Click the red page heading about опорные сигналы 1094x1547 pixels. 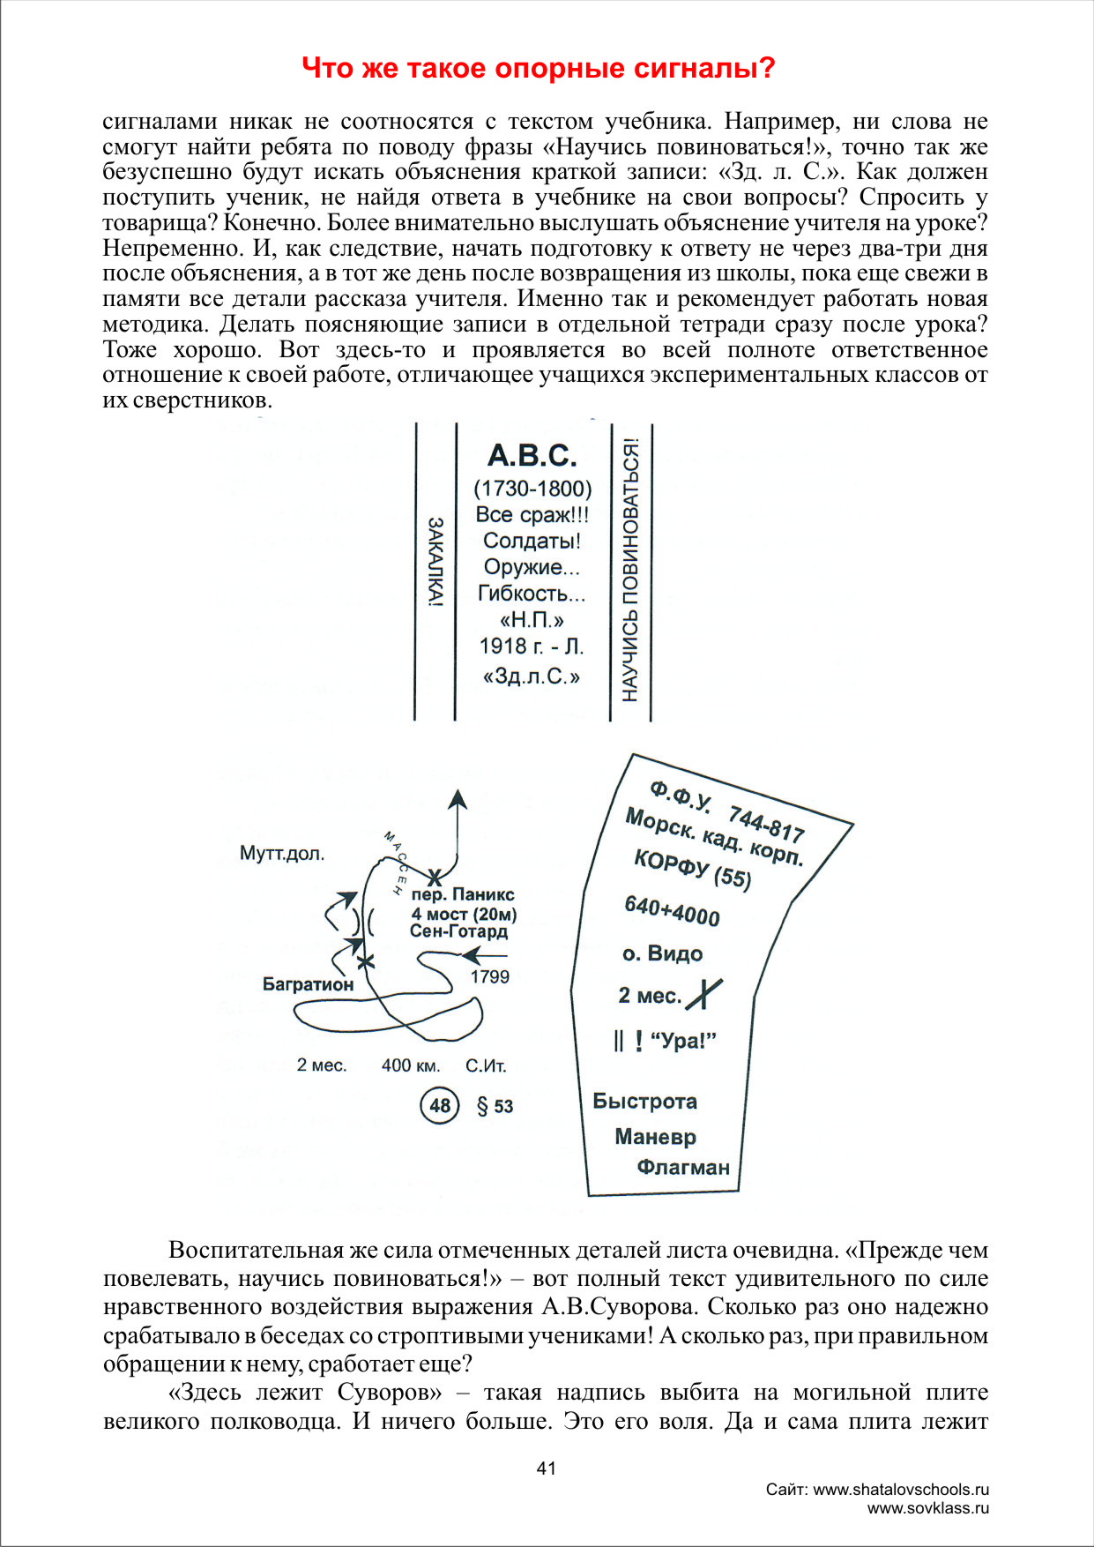(538, 68)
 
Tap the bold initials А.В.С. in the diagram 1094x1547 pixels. (532, 455)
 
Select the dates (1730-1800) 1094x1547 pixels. (532, 489)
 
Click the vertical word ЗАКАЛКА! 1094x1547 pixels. (435, 562)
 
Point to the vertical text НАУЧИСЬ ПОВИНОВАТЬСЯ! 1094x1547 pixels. (630, 570)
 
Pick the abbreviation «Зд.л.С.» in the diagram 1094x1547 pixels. (532, 676)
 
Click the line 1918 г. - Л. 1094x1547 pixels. (532, 646)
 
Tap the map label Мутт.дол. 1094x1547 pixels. (282, 853)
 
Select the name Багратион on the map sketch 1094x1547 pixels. (308, 983)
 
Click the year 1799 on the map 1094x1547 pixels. (489, 976)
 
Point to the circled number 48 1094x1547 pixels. (440, 1105)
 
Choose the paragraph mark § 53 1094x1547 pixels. (495, 1106)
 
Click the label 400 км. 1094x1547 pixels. (411, 1065)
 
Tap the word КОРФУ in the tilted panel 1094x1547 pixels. (671, 864)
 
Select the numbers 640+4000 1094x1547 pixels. (672, 910)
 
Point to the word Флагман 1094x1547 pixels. (683, 1167)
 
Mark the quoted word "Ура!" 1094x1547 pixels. (683, 1041)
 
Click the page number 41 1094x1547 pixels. (547, 1468)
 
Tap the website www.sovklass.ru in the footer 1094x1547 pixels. (927, 1507)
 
